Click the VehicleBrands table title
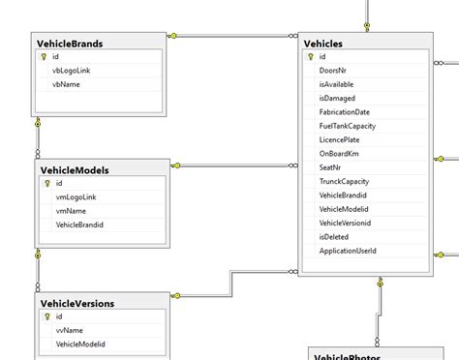[x=70, y=43]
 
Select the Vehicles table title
[x=323, y=44]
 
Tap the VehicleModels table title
[x=75, y=170]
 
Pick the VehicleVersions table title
[x=77, y=303]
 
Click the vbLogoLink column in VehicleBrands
[x=74, y=71]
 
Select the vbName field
[x=66, y=84]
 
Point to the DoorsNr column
[x=334, y=71]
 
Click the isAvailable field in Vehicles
[x=337, y=84]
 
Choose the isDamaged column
[x=338, y=98]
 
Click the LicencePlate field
[x=341, y=140]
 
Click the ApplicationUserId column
[x=348, y=251]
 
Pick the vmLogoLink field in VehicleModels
[x=76, y=196]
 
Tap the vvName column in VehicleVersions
[x=70, y=330]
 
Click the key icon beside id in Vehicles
[x=311, y=57]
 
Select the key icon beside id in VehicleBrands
[x=44, y=57]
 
